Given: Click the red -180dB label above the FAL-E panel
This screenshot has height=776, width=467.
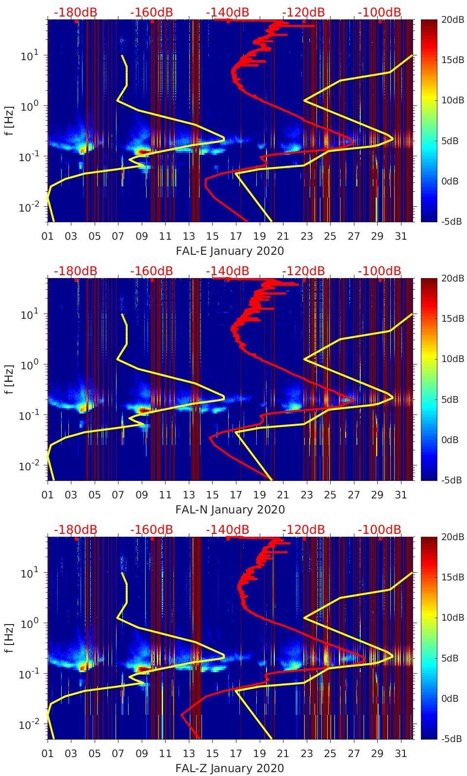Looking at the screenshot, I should (x=75, y=12).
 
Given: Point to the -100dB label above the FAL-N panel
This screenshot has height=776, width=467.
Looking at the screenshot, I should (x=380, y=271).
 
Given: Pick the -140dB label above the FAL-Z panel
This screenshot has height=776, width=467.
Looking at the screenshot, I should (x=227, y=529).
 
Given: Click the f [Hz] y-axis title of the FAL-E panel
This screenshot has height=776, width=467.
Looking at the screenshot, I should (x=11, y=120).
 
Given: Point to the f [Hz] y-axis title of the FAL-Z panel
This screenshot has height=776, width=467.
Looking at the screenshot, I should (x=11, y=638).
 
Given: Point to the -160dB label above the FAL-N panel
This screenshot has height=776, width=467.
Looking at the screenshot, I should (x=151, y=271).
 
